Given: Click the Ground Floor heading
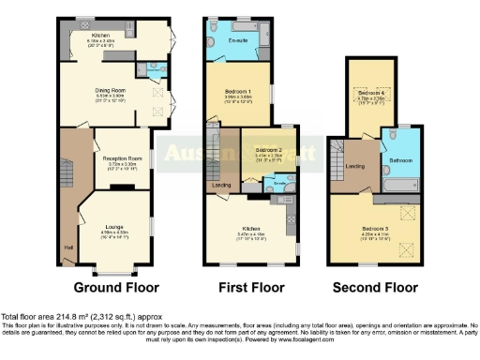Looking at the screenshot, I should tap(116, 287).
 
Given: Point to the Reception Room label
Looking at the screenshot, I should tap(122, 159).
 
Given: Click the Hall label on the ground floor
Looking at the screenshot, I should tap(68, 247).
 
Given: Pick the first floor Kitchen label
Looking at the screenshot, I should tap(250, 228).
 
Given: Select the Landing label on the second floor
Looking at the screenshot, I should tap(356, 167).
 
